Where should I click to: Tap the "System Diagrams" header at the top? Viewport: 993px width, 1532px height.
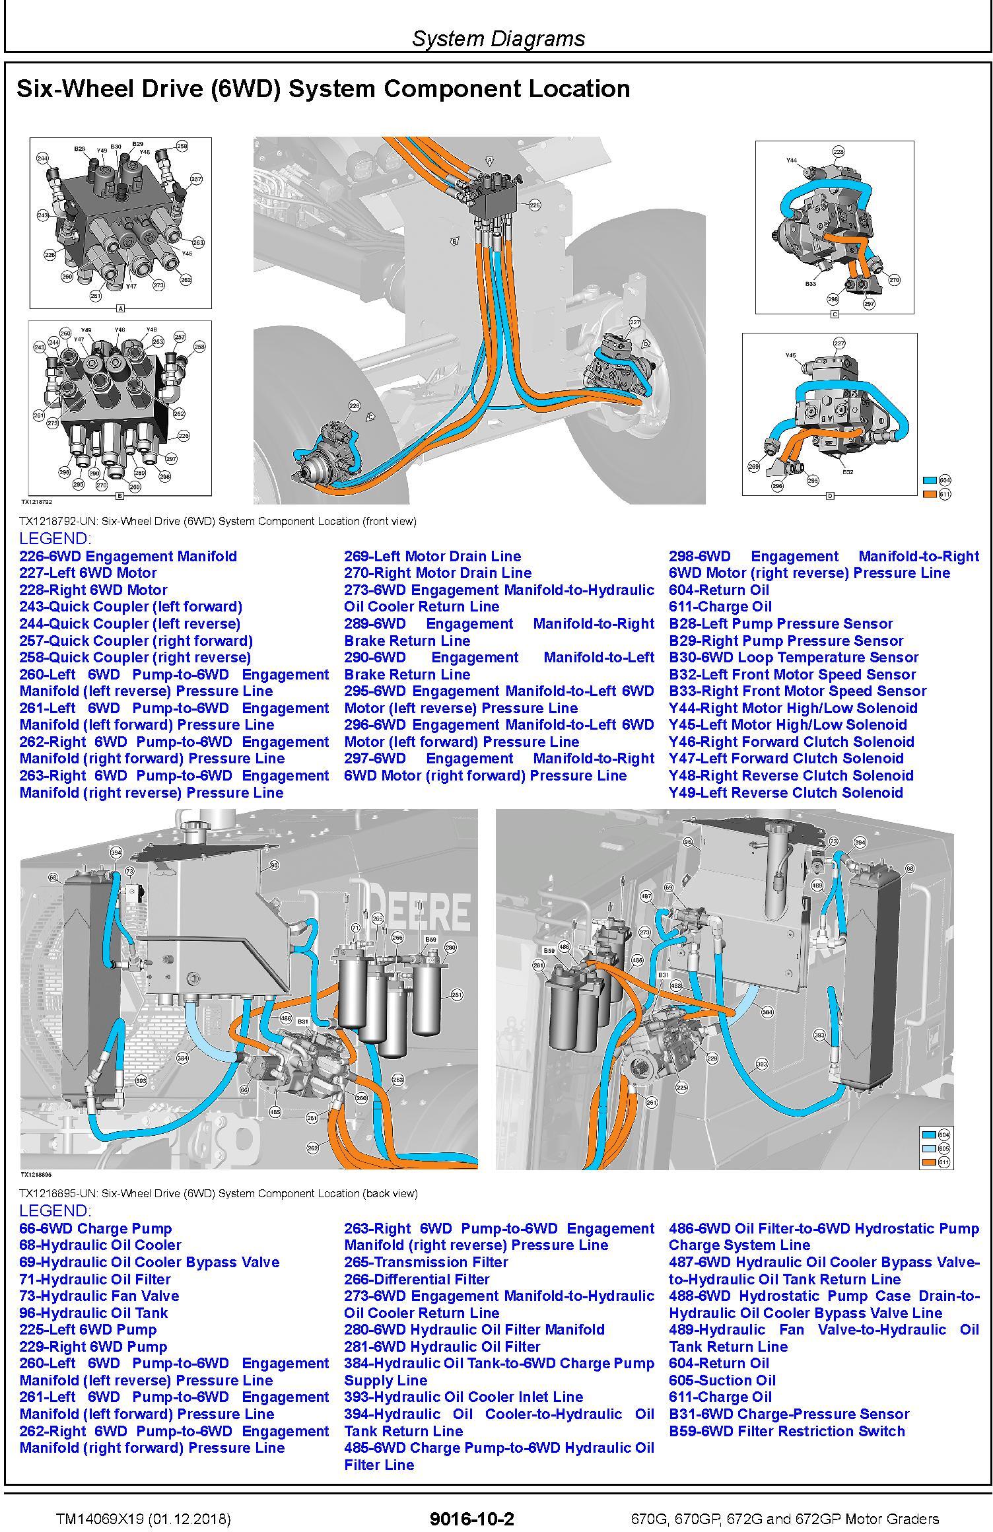pos(498,38)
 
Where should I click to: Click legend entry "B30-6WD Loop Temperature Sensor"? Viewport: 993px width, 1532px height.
pos(793,658)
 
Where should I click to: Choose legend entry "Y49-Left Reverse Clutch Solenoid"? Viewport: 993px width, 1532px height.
pos(786,792)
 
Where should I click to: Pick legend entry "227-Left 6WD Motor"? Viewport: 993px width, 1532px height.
pos(88,573)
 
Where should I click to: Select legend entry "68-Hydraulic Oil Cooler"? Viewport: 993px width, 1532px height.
pos(100,1245)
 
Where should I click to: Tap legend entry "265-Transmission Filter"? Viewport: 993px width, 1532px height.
pos(426,1262)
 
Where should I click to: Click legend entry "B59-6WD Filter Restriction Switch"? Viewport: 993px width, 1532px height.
pos(786,1431)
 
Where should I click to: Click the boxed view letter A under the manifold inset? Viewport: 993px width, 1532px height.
pos(120,308)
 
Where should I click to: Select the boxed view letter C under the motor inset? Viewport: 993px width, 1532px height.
pos(834,314)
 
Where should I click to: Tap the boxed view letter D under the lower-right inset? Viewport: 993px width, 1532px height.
pos(830,495)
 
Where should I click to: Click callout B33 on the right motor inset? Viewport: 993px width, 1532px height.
pos(810,283)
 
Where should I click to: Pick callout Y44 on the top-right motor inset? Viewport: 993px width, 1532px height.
pos(791,160)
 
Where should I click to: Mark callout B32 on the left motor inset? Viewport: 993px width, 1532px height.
pos(848,471)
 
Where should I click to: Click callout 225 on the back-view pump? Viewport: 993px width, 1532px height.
pos(681,1087)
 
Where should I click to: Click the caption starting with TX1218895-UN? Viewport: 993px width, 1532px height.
pos(218,1193)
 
